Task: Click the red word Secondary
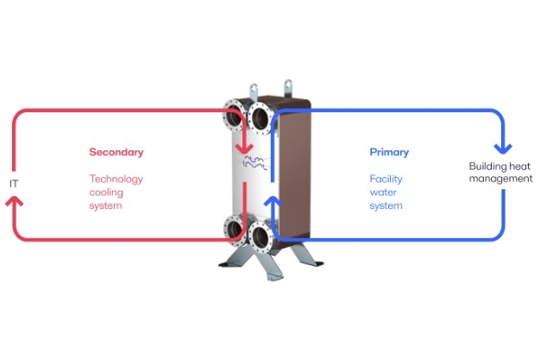(x=116, y=152)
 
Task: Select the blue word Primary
(x=389, y=152)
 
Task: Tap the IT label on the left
(x=13, y=184)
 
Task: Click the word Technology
(x=116, y=180)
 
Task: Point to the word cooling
(x=106, y=193)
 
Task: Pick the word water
(x=381, y=193)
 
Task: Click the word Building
(x=487, y=166)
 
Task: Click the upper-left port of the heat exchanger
(x=234, y=116)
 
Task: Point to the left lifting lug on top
(x=254, y=90)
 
